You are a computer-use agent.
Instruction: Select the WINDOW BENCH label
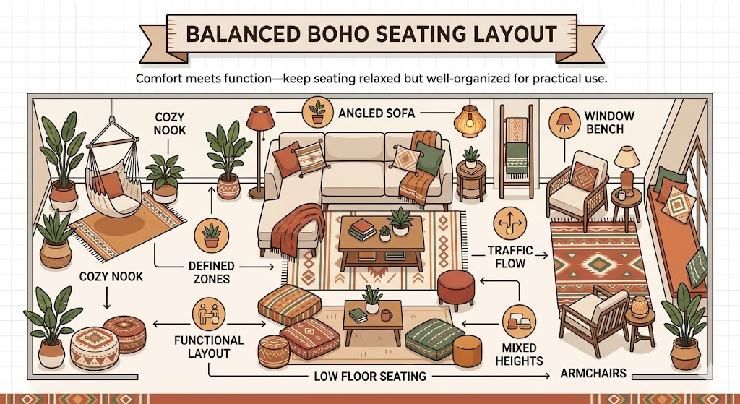(609, 123)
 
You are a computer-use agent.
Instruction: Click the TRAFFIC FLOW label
(509, 257)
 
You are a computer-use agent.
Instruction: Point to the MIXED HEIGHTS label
(519, 354)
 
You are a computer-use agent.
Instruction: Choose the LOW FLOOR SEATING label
(369, 376)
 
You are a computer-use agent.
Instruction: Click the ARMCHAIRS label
(593, 374)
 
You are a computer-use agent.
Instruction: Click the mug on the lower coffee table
(387, 315)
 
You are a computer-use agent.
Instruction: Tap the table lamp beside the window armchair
(627, 163)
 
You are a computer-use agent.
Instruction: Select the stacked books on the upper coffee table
(362, 230)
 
